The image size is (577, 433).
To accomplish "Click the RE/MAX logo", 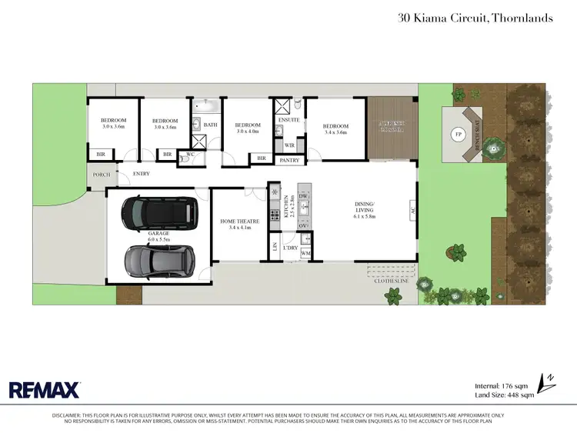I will [x=44, y=389].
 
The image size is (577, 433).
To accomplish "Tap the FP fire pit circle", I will [x=459, y=135].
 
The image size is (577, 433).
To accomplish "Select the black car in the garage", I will [x=160, y=212].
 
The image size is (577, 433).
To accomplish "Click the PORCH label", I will [x=101, y=175].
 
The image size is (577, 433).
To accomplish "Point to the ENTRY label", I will [x=142, y=175].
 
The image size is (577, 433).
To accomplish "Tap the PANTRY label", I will [x=290, y=160].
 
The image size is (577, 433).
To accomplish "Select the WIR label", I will [x=290, y=145].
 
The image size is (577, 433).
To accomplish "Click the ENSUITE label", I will [x=288, y=119].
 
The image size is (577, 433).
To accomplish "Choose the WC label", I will [x=190, y=155].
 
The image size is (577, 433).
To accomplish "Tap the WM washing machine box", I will [x=305, y=253].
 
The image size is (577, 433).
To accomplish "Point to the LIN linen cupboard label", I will [x=275, y=246].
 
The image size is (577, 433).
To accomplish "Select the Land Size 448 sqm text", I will [x=505, y=395].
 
